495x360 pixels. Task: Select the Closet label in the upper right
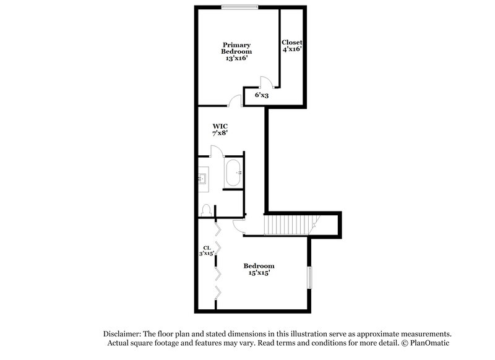coord(291,42)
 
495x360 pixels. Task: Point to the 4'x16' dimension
coord(291,49)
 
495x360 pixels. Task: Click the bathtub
coord(233,173)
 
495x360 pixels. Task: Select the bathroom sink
coord(204,179)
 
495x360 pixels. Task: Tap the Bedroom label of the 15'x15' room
coord(259,266)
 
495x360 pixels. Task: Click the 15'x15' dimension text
coord(259,273)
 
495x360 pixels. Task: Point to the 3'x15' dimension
coord(206,253)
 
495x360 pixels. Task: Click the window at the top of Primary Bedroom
coord(241,7)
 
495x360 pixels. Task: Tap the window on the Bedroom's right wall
coord(310,276)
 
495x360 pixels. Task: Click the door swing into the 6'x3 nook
coord(264,82)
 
